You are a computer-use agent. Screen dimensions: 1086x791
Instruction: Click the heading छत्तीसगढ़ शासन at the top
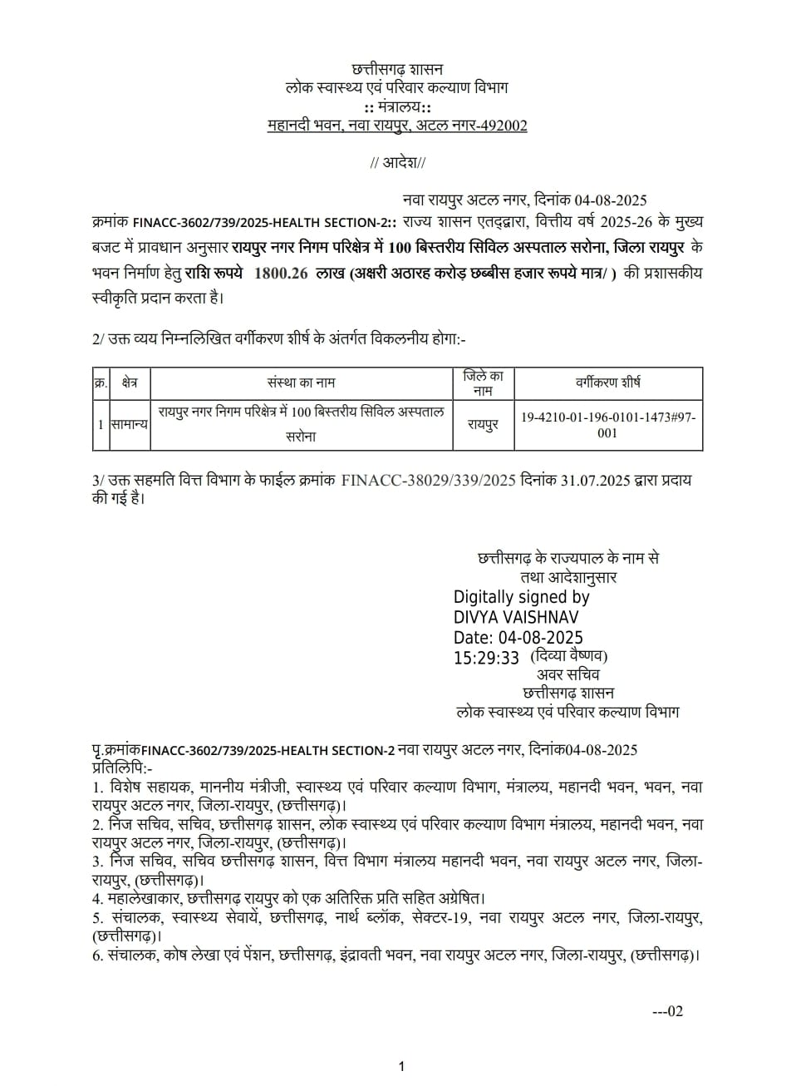[x=398, y=68]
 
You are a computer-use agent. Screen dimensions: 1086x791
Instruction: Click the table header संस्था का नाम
[x=302, y=383]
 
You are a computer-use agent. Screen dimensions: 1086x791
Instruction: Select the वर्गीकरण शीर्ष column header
[x=607, y=383]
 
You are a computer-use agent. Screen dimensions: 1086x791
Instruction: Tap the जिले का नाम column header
[x=483, y=383]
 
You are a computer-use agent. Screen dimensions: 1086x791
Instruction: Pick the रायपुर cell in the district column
[x=483, y=424]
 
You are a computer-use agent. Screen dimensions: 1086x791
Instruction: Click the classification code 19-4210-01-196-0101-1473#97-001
[x=607, y=424]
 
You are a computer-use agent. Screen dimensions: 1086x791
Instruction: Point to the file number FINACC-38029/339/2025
[x=430, y=481]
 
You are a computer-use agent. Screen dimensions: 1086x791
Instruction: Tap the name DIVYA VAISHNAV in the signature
[x=516, y=617]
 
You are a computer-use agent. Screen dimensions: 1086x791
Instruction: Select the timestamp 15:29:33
[x=486, y=658]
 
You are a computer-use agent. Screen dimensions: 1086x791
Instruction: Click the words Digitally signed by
[x=521, y=597]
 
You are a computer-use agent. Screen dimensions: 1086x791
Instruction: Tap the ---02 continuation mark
[x=667, y=1011]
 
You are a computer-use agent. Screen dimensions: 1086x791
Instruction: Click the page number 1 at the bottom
[x=401, y=1066]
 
